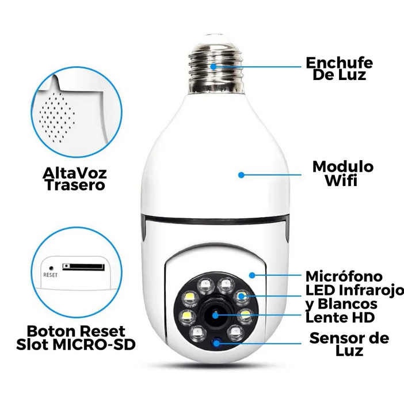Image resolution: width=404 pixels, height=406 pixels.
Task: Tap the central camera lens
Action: click(215, 315)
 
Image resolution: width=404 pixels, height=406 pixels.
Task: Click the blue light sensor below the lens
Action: click(216, 343)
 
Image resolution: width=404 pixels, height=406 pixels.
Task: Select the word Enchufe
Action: click(339, 63)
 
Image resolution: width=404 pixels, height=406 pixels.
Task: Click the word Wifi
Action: click(341, 180)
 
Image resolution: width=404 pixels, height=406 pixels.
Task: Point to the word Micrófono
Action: click(344, 276)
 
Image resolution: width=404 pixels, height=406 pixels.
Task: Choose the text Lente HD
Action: click(340, 318)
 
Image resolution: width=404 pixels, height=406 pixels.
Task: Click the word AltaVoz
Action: click(75, 173)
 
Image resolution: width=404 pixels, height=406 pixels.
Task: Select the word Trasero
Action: click(75, 185)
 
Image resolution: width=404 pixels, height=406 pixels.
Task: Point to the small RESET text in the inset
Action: click(51, 275)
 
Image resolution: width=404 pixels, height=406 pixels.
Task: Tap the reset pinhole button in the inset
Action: click(51, 268)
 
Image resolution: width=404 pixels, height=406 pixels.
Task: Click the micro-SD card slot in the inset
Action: click(83, 267)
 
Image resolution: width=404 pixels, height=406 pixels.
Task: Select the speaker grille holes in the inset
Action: click(57, 118)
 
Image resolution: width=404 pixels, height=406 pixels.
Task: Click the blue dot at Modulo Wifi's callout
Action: click(241, 175)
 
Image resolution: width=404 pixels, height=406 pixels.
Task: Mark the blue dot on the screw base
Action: click(214, 67)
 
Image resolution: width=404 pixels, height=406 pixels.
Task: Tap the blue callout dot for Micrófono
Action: click(252, 275)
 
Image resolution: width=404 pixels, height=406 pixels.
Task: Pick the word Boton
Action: click(51, 331)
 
